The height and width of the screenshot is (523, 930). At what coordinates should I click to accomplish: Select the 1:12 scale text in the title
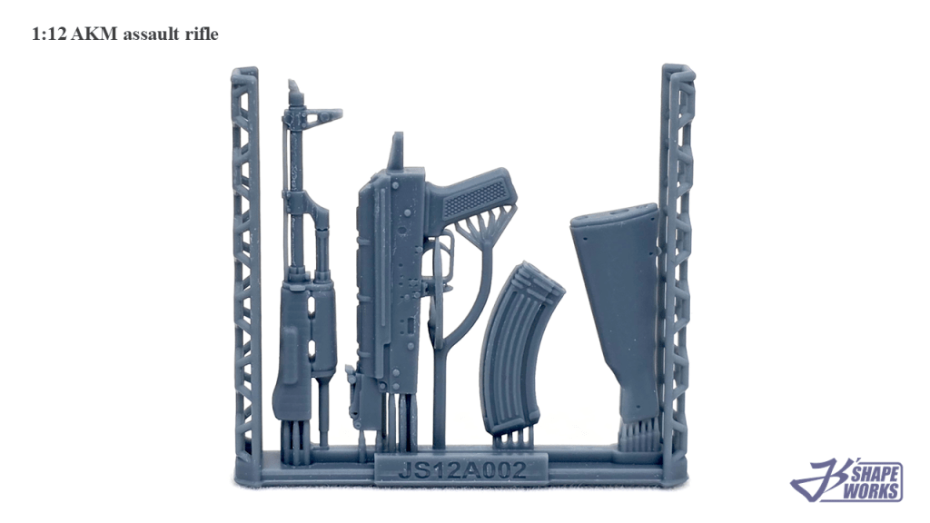pyautogui.click(x=49, y=35)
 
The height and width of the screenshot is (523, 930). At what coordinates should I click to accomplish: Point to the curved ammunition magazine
pyautogui.click(x=517, y=350)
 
